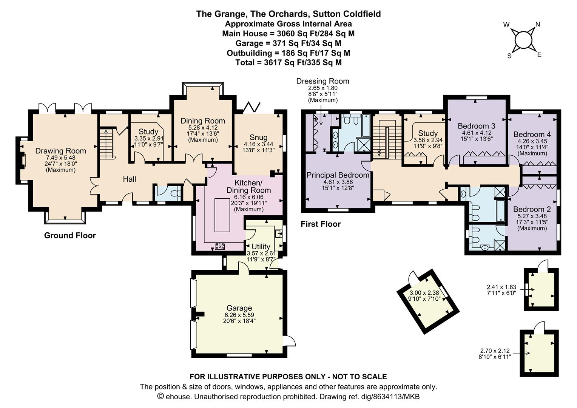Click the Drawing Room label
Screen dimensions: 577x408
pos(60,151)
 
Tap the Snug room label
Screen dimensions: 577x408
pos(258,138)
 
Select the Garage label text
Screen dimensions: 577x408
pos(239,308)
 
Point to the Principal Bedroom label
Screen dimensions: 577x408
pos(338,175)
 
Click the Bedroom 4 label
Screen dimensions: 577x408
pos(532,134)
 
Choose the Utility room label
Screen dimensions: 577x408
pos(261,247)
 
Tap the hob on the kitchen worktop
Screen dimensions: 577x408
pos(220,247)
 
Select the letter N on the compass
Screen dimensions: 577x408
pos(538,25)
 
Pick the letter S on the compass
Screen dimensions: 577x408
pos(509,56)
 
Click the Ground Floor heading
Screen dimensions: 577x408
pos(70,235)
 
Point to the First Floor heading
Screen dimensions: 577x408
pos(321,224)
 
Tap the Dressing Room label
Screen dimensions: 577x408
pos(323,81)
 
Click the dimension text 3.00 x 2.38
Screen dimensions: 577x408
pos(424,293)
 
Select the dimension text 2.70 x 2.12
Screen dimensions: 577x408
pos(495,351)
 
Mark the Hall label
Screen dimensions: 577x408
pos(129,179)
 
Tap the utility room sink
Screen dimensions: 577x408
pos(278,233)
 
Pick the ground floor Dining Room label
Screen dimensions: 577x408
pos(203,121)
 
